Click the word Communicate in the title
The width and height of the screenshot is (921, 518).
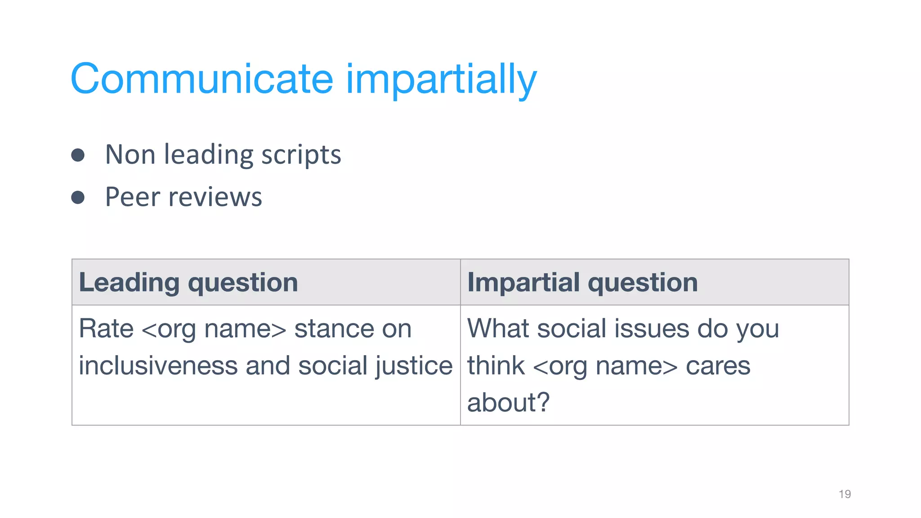(201, 79)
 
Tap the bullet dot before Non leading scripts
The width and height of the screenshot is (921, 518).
(78, 155)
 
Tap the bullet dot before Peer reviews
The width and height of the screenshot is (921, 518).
(78, 197)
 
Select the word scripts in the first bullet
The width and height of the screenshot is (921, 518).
(301, 156)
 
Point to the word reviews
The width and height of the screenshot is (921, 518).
(215, 197)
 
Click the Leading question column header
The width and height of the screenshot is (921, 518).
(188, 282)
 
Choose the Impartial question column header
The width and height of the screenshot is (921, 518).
(582, 282)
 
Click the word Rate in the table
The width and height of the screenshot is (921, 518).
(106, 328)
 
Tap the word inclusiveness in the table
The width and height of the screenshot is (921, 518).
(158, 365)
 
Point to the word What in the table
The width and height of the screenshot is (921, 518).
(498, 328)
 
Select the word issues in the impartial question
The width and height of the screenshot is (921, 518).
(650, 328)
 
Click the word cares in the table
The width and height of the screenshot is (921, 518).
(718, 365)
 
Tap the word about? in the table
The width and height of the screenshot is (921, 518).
(508, 402)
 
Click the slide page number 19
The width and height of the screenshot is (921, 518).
(845, 494)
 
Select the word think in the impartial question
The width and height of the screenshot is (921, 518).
(496, 365)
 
